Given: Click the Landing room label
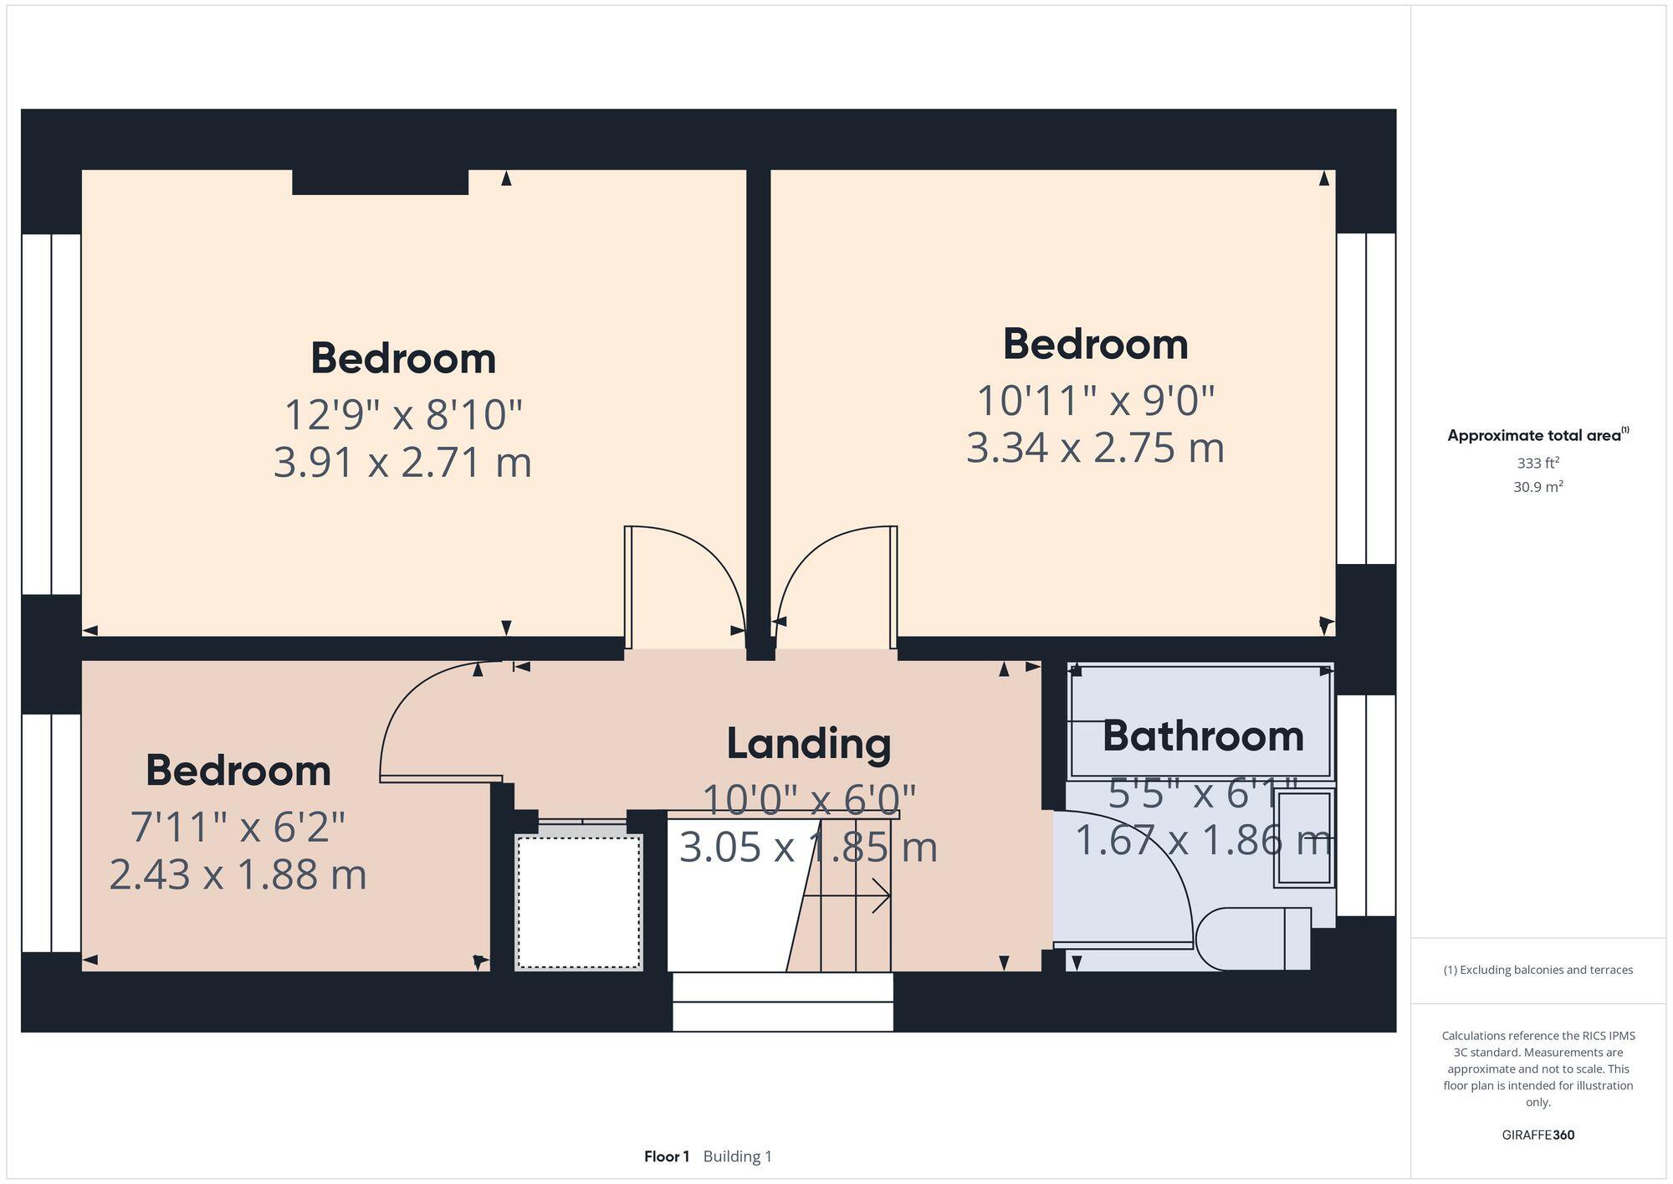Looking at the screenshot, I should [808, 744].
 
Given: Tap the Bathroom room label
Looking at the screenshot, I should [1202, 737].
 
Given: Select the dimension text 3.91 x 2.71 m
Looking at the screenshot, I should [402, 463].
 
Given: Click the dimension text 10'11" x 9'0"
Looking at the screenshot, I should [1095, 401].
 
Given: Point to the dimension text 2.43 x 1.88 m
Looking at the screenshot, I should [238, 875].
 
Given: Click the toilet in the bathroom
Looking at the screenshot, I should [1251, 939].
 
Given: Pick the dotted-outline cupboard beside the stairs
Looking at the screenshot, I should [579, 901].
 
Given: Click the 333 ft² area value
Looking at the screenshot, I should [1537, 463].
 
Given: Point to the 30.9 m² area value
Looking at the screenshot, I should [1537, 487].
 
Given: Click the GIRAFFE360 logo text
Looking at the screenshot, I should [1537, 1135].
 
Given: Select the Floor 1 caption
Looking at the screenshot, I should [667, 1156].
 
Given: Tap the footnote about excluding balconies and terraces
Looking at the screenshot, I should [1537, 971].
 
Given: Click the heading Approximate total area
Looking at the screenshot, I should [1534, 436].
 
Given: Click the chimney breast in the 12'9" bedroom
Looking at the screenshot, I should [380, 182].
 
